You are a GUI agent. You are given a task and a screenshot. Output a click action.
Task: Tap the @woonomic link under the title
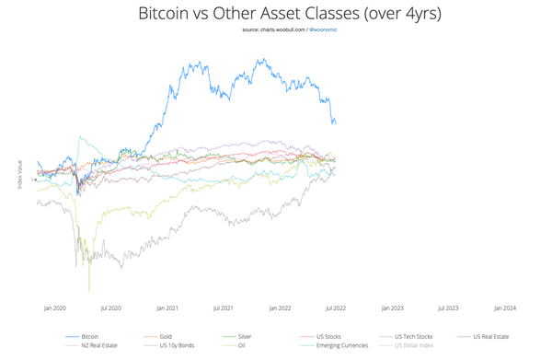(320, 30)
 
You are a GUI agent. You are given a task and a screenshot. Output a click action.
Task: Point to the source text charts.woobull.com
(274, 30)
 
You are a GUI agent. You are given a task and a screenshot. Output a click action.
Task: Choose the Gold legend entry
(166, 337)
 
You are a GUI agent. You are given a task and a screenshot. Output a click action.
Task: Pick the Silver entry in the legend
(245, 337)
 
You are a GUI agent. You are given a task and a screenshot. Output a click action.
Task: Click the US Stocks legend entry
(327, 337)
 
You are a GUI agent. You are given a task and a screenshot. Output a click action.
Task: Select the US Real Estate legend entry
(490, 337)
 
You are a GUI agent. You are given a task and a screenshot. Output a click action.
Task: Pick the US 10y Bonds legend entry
(175, 345)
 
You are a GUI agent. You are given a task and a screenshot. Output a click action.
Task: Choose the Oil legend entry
(242, 345)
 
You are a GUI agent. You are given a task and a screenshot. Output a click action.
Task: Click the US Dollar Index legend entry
(414, 345)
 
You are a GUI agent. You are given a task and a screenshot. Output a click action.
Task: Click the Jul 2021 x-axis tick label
(223, 308)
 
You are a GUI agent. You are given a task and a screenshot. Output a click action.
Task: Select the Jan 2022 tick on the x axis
(280, 308)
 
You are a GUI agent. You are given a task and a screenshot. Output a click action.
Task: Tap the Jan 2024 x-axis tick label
(504, 308)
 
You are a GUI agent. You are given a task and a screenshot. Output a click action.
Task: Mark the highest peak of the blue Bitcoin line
(262, 60)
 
